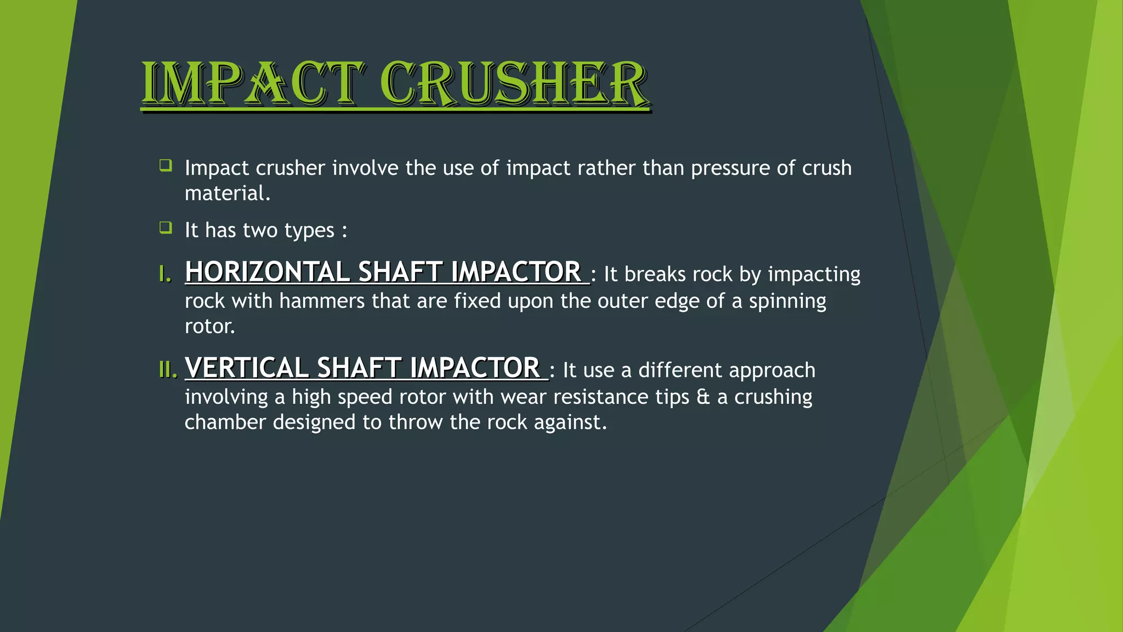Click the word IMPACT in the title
coord(252,83)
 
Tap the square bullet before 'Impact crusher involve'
coord(166,165)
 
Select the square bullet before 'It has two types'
coord(166,227)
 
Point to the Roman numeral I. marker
coord(165,274)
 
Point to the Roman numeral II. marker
coord(168,370)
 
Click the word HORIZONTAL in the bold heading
coord(267,272)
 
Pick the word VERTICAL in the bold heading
coord(247,368)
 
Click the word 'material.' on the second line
coord(228,194)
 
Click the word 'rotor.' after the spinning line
coord(210,326)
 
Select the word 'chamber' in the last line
coord(225,422)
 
